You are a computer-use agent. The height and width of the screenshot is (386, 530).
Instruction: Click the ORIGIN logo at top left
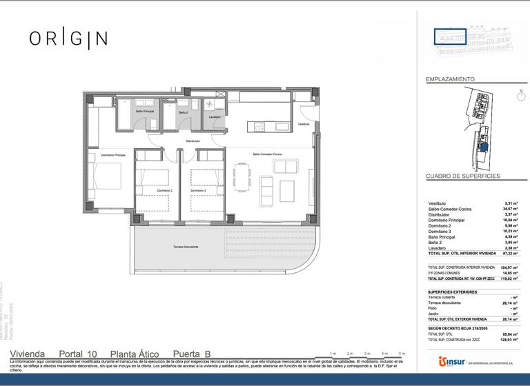pyautogui.click(x=68, y=39)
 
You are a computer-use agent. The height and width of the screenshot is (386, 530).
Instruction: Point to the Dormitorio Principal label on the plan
pyautogui.click(x=113, y=155)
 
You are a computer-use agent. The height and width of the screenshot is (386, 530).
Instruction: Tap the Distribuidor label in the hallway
pyautogui.click(x=193, y=141)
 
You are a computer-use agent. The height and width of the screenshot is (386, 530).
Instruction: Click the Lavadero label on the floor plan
pyautogui.click(x=215, y=117)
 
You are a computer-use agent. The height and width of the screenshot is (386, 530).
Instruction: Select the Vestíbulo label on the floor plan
pyautogui.click(x=304, y=124)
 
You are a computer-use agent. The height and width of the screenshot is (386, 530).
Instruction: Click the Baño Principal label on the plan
pyautogui.click(x=145, y=112)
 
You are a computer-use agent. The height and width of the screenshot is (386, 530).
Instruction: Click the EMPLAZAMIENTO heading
pyautogui.click(x=450, y=80)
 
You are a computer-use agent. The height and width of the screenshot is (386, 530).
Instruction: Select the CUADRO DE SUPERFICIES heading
pyautogui.click(x=463, y=176)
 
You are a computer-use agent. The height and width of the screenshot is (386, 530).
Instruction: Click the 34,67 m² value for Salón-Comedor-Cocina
pyautogui.click(x=510, y=209)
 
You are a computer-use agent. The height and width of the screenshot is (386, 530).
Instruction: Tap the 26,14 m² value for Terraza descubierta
pyautogui.click(x=510, y=303)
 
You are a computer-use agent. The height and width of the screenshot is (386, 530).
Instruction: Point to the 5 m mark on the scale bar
pyautogui.click(x=402, y=353)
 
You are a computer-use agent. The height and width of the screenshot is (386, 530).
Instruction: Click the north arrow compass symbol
pyautogui.click(x=522, y=96)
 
